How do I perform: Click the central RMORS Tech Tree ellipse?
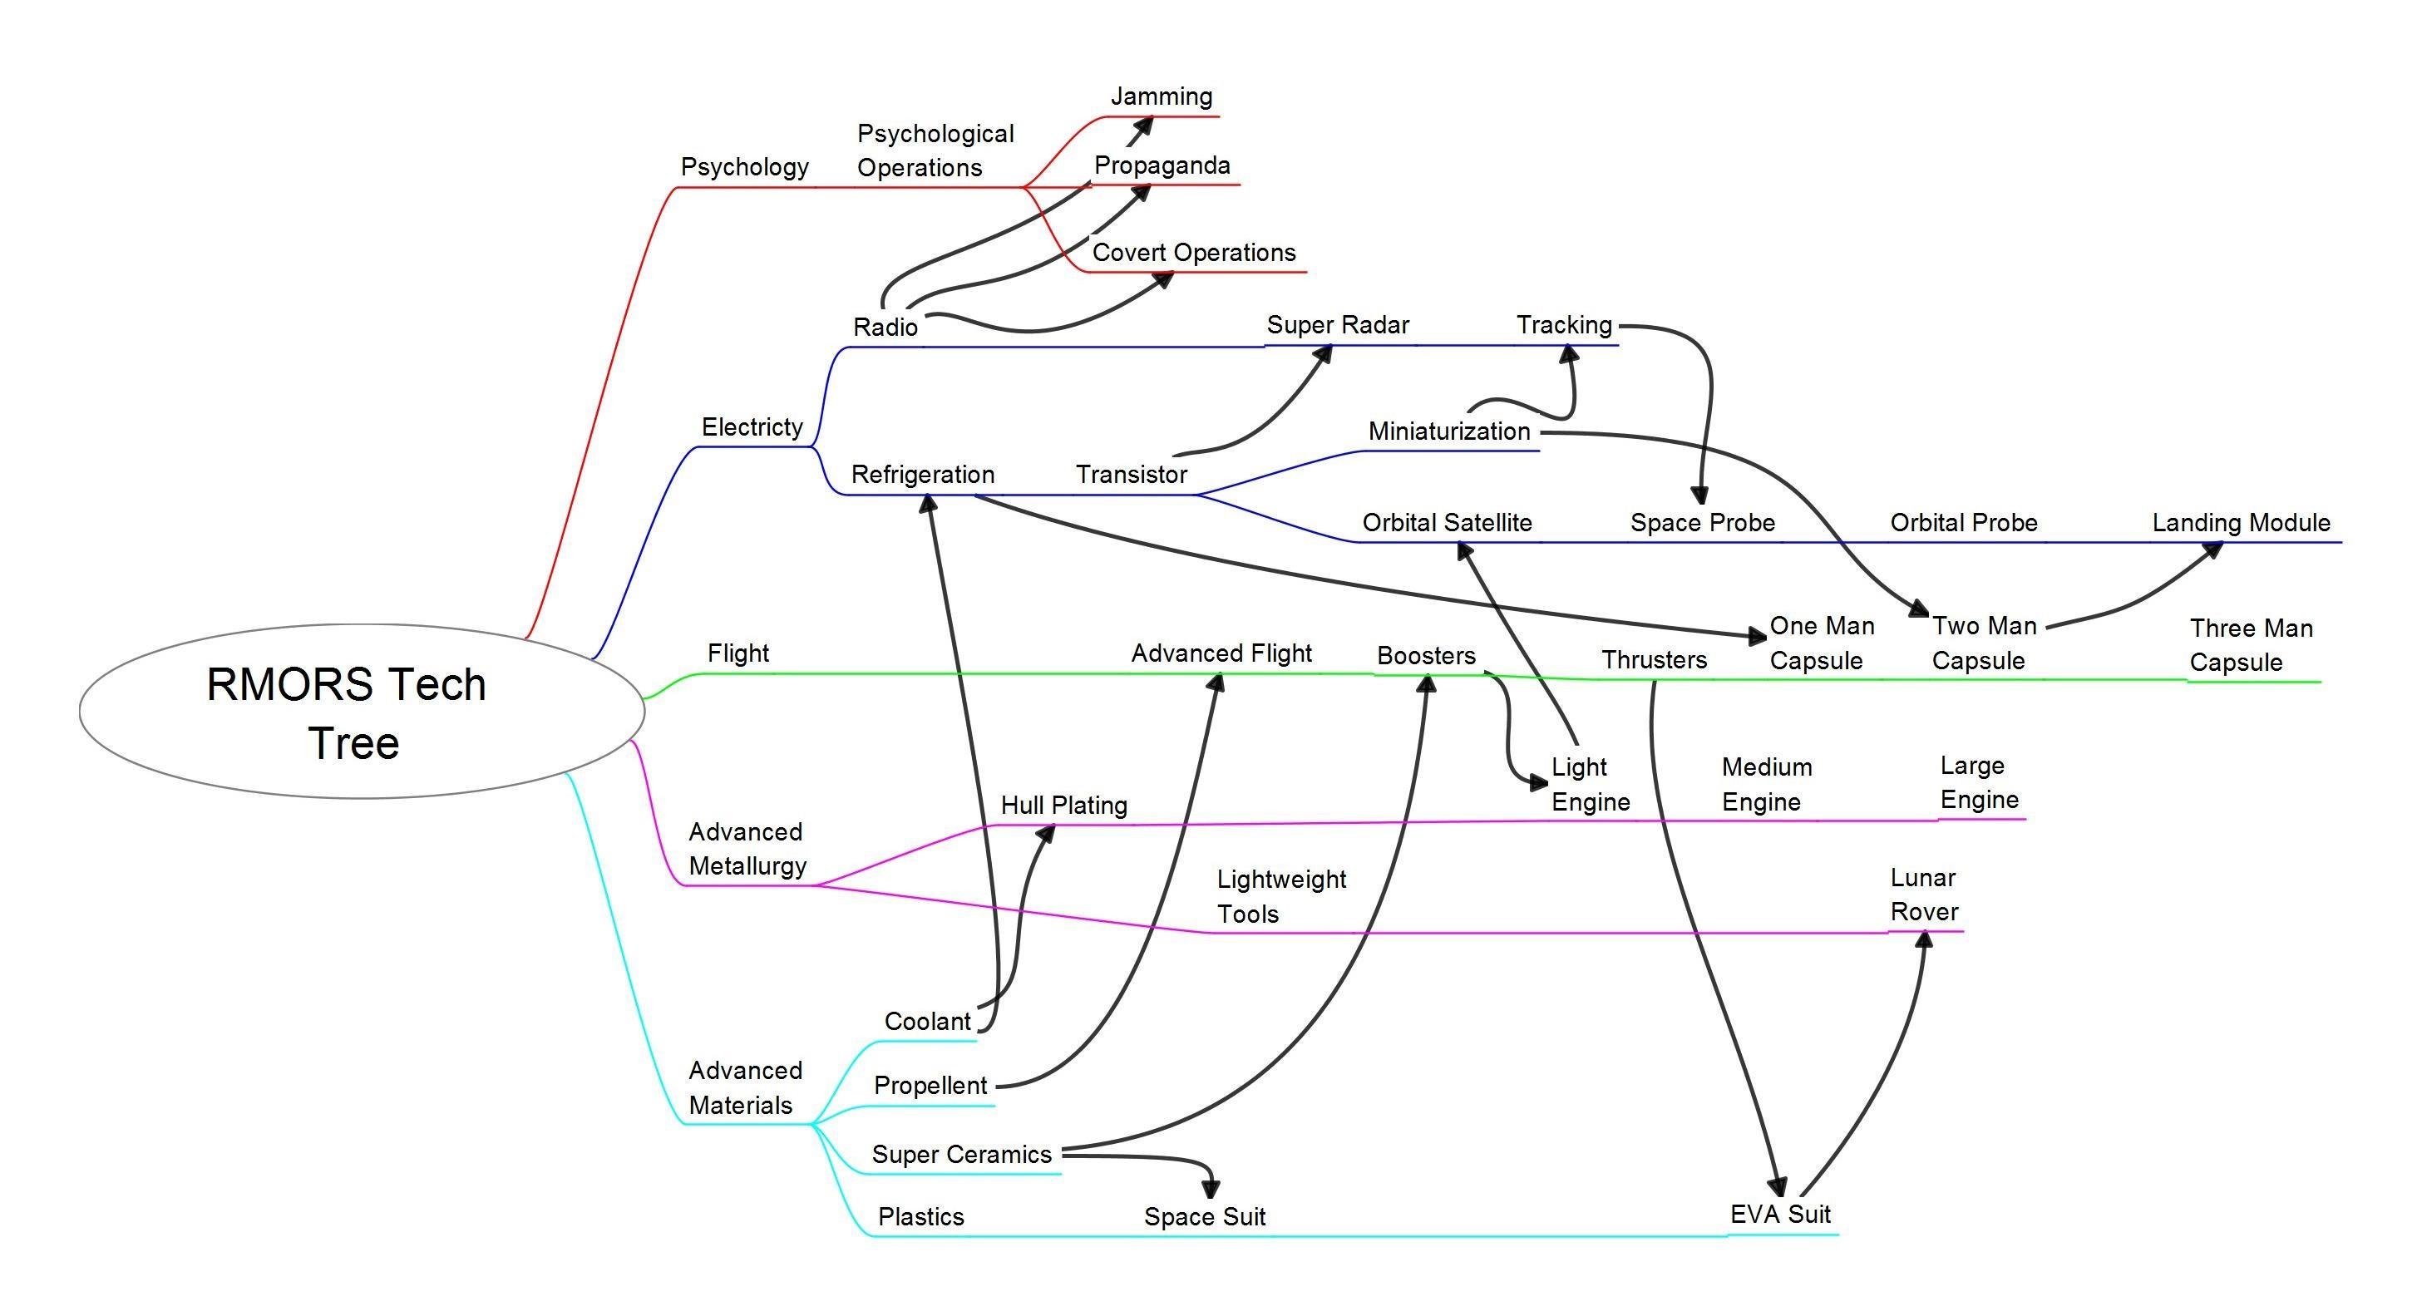tap(362, 712)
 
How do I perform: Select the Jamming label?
tap(1162, 96)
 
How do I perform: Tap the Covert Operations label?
tap(1193, 252)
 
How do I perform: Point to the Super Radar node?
tap(1337, 325)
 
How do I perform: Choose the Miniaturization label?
tap(1449, 431)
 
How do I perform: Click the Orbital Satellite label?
tap(1446, 523)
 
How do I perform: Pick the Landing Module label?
tap(2241, 523)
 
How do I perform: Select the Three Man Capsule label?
tap(2250, 645)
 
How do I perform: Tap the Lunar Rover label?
tap(1924, 895)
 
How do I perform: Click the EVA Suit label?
tap(1780, 1215)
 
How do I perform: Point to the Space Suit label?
tap(1205, 1217)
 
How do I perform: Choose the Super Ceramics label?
tap(961, 1155)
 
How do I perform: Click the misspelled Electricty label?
tap(752, 426)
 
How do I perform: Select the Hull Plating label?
tap(1063, 806)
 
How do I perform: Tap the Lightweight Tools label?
tap(1280, 897)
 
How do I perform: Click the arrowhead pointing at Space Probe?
tap(1699, 495)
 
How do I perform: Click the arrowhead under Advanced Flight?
tap(1216, 683)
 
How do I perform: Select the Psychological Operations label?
tap(935, 150)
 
